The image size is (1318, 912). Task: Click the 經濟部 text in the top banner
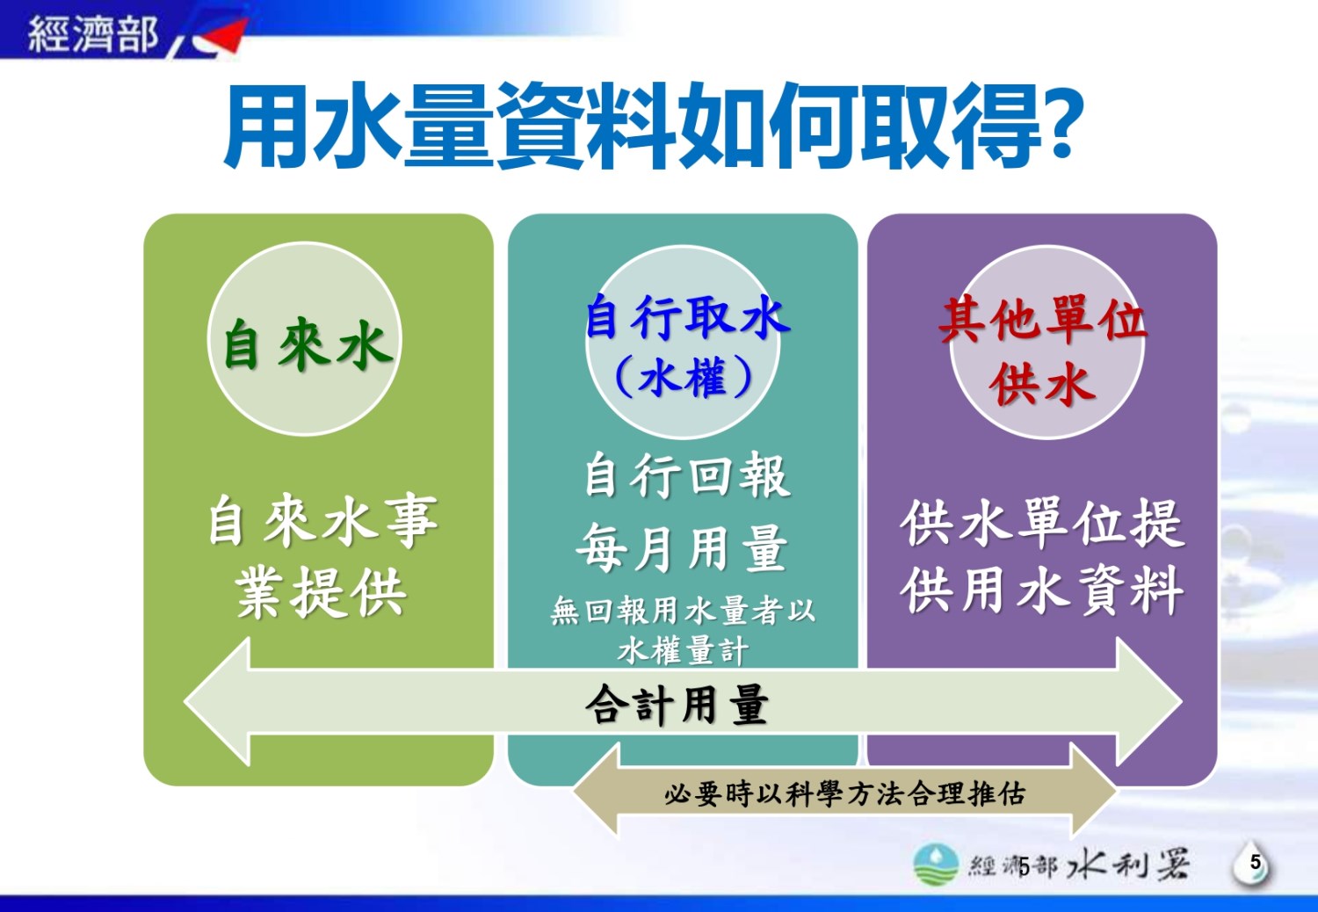pos(93,33)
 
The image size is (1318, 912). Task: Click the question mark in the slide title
pos(1062,124)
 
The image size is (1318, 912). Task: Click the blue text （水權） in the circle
pos(684,377)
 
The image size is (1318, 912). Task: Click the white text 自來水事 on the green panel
pos(323,520)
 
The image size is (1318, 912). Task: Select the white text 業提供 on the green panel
pos(321,592)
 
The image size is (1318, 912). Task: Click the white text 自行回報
pos(687,475)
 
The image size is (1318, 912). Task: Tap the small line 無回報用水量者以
pos(683,610)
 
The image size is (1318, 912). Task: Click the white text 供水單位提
pos(1042,522)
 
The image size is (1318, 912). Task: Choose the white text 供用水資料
pos(1042,590)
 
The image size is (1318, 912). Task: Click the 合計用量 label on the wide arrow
pos(677,705)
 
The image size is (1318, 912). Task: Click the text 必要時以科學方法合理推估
pos(845,793)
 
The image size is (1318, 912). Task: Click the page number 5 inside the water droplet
pos(1255,863)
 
